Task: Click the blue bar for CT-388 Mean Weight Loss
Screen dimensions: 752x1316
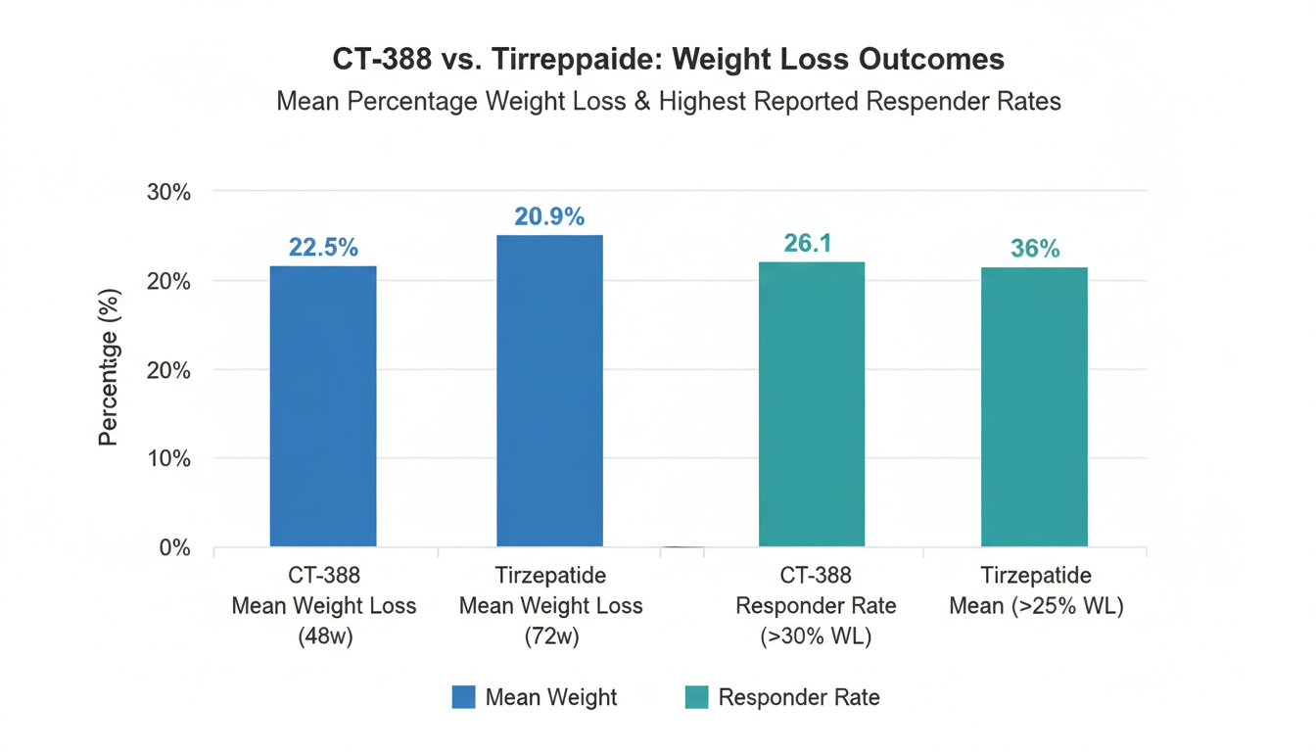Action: click(x=323, y=405)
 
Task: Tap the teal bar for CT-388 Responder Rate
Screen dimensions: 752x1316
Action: click(x=812, y=403)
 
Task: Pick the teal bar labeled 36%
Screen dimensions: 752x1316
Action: click(x=1034, y=406)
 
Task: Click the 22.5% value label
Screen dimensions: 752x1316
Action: click(x=323, y=248)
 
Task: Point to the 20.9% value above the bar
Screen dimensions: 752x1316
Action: click(x=549, y=217)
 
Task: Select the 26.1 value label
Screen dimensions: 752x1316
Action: click(x=808, y=243)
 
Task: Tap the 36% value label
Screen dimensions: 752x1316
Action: click(x=1035, y=249)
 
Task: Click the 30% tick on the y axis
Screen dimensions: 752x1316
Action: click(x=168, y=192)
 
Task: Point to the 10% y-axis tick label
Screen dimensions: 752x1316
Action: click(x=168, y=458)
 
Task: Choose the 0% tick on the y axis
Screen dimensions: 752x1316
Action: click(x=174, y=547)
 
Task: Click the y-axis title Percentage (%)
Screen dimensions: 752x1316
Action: click(x=109, y=367)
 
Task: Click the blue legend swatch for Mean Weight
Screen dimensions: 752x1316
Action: click(x=463, y=697)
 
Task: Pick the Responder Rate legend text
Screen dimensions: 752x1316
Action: click(x=799, y=697)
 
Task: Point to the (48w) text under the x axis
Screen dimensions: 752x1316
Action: click(x=323, y=636)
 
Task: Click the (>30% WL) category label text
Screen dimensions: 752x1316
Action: click(x=816, y=636)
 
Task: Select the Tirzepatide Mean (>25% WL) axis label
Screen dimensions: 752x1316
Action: click(x=1035, y=591)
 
